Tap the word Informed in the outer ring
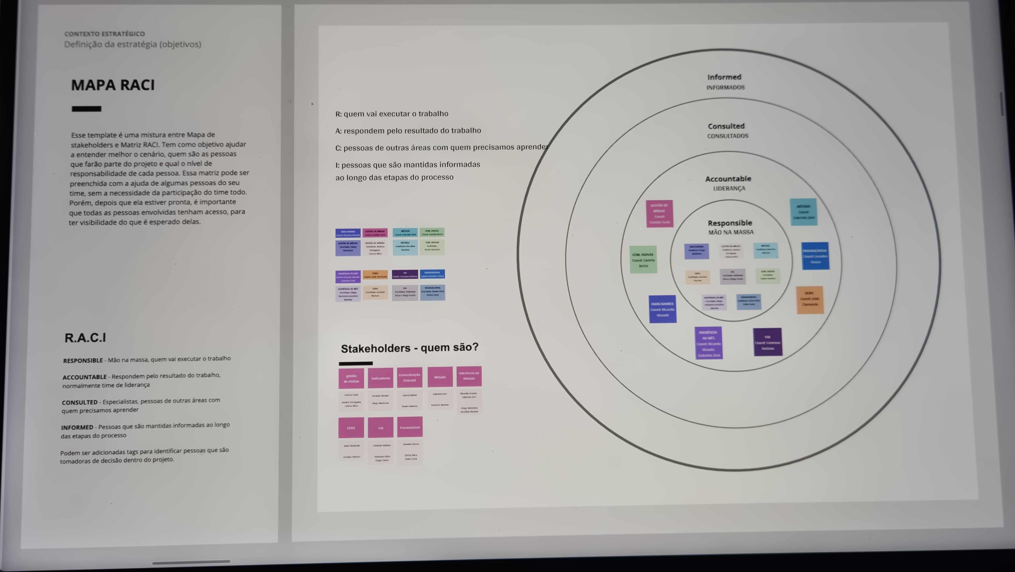[724, 77]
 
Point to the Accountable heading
[728, 179]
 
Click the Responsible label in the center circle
[729, 223]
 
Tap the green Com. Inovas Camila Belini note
[643, 260]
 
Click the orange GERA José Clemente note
[809, 299]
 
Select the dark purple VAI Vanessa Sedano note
[767, 342]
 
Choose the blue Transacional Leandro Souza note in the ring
[815, 256]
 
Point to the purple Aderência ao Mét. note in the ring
[708, 343]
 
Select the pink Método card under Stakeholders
[440, 377]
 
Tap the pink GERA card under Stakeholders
[351, 428]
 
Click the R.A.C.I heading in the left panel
[85, 338]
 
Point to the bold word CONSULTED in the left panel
[80, 402]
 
